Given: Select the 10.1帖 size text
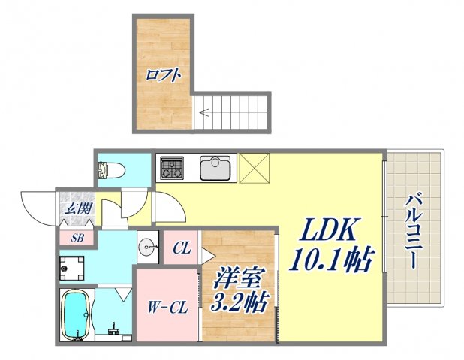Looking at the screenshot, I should (328, 261).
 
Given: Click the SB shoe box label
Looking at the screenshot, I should (77, 239).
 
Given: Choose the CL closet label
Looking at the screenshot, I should (182, 248).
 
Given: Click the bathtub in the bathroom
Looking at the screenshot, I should (76, 316).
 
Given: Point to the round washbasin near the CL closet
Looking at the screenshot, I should (148, 245).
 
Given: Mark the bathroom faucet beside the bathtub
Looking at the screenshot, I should (114, 328).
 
